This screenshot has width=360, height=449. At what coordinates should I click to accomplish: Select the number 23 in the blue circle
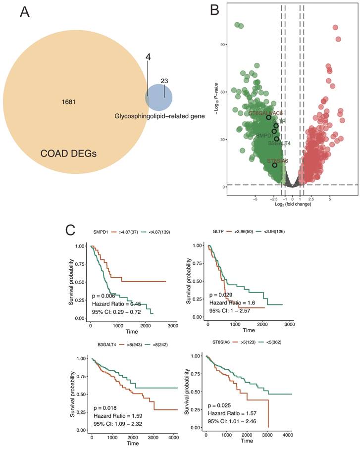(165, 81)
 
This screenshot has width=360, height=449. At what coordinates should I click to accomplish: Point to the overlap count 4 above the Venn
(148, 57)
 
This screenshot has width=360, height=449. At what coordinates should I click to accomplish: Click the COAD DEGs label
(69, 154)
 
